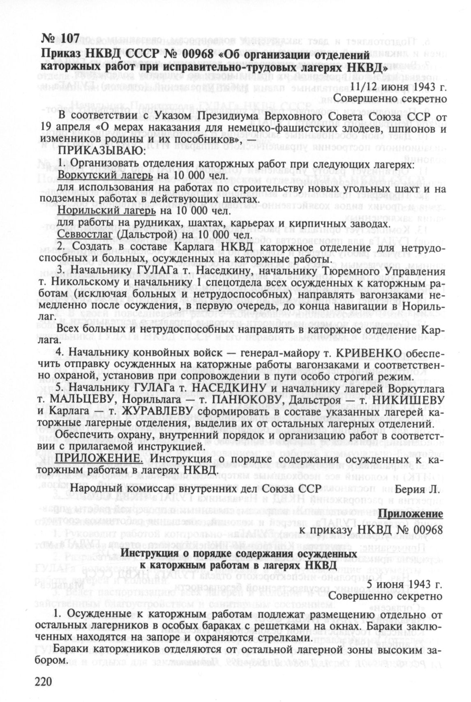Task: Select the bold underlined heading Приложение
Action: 411,514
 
